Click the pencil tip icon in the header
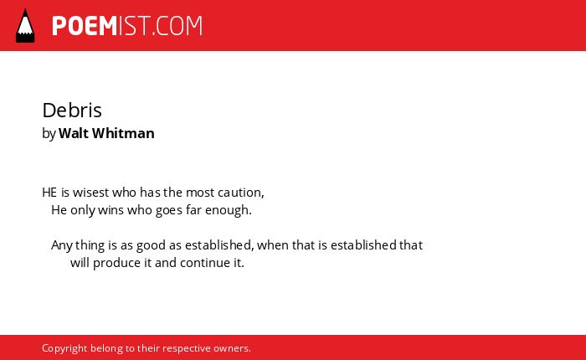(x=25, y=26)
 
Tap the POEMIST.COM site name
(x=127, y=26)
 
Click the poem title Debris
(x=72, y=110)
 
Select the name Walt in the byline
(x=74, y=133)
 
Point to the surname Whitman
(x=123, y=133)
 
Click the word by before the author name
(x=49, y=133)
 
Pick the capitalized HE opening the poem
(x=49, y=193)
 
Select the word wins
(x=111, y=209)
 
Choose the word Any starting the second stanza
(x=62, y=245)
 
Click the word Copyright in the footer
(x=64, y=348)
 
